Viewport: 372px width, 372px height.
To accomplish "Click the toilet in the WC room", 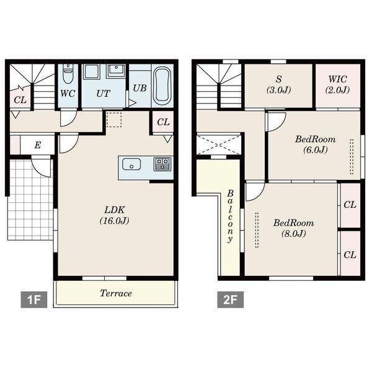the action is [x=68, y=73].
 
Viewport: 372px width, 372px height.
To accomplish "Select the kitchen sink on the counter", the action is [x=131, y=164].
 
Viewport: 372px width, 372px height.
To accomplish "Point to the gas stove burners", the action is [x=162, y=164].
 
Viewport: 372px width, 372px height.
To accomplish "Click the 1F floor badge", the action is [x=33, y=299].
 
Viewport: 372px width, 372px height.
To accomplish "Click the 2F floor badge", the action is [x=231, y=299].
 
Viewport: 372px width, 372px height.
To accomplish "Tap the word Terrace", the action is [x=116, y=293].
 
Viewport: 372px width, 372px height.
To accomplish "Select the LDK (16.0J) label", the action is [x=115, y=215].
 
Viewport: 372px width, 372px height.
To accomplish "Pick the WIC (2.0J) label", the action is [x=338, y=84].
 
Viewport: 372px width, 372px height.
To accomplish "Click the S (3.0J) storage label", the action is [x=279, y=84].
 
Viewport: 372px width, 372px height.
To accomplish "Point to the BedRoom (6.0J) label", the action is [x=316, y=144].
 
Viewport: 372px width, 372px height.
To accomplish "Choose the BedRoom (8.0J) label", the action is [x=294, y=228].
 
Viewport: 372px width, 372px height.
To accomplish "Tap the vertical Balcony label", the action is [x=230, y=216].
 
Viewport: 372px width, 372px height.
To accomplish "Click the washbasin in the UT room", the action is [x=116, y=71].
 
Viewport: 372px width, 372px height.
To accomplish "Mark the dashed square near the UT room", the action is [x=114, y=120].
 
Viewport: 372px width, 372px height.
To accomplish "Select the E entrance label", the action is [x=38, y=144].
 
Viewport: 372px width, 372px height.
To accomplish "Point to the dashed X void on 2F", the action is [x=219, y=144].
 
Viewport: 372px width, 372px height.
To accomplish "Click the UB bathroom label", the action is [x=139, y=88].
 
